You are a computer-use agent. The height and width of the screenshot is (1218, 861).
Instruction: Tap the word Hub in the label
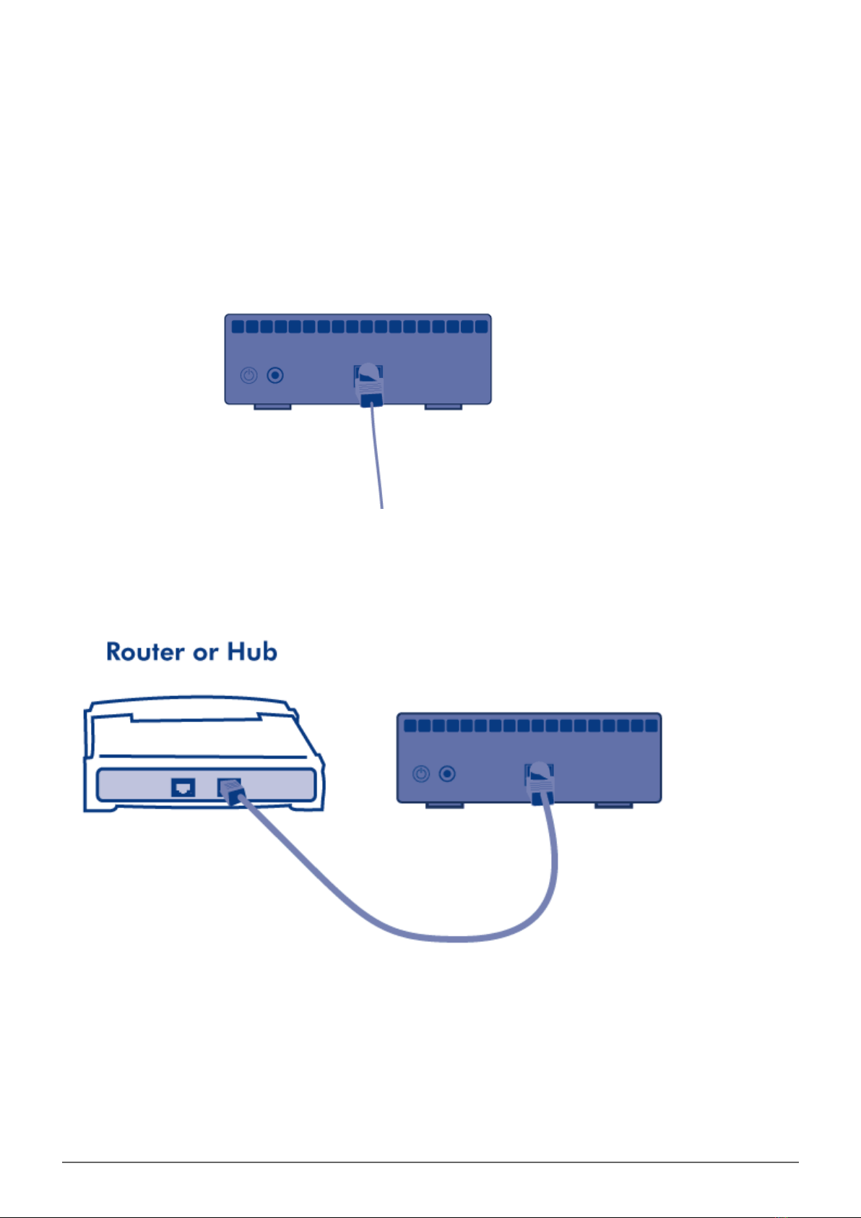252,652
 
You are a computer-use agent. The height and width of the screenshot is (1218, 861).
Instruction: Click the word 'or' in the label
205,653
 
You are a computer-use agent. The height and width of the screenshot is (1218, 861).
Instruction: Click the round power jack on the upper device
275,376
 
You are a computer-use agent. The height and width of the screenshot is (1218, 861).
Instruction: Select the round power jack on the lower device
448,774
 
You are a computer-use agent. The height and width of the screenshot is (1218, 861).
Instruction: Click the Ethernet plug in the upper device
369,383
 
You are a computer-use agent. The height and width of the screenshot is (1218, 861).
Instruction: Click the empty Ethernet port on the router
183,786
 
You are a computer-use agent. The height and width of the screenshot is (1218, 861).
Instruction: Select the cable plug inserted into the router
233,792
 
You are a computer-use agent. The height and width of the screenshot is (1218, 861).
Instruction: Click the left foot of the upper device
272,407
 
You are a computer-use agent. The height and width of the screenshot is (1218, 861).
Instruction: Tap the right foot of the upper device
443,407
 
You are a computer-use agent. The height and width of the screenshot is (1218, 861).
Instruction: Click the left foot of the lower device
444,805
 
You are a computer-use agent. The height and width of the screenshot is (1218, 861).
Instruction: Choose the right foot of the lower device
613,805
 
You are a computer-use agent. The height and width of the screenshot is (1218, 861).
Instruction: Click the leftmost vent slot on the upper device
238,327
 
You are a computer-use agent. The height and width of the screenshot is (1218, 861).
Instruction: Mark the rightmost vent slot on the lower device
652,725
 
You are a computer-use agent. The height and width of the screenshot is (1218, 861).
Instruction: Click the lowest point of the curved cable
455,938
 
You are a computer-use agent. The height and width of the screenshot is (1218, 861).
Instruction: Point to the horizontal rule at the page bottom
430,1162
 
